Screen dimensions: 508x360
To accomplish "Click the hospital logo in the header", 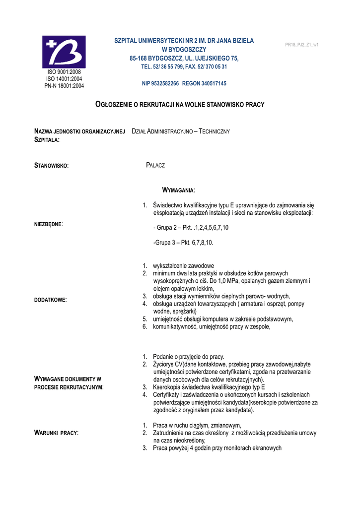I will (64, 51).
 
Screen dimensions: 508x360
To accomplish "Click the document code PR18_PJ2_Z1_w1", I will (301, 45).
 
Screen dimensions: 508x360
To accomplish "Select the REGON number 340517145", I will (213, 83).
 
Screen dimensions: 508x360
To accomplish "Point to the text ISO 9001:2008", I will (64, 72).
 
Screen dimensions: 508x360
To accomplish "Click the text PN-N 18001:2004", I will (64, 86).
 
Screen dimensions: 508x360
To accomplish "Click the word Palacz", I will (155, 165).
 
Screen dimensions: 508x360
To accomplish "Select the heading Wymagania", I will (179, 190).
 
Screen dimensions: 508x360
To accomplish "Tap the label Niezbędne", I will (48, 224).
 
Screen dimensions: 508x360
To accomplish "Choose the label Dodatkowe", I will (50, 300).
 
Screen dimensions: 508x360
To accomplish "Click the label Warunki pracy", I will (56, 433).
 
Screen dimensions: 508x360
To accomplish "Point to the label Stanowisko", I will (51, 165).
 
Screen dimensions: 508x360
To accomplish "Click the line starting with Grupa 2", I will (191, 228).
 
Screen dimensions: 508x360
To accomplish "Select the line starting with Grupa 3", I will (183, 243).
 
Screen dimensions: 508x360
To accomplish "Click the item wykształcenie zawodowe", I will (183, 266).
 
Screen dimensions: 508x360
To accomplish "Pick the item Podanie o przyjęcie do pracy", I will (189, 357).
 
